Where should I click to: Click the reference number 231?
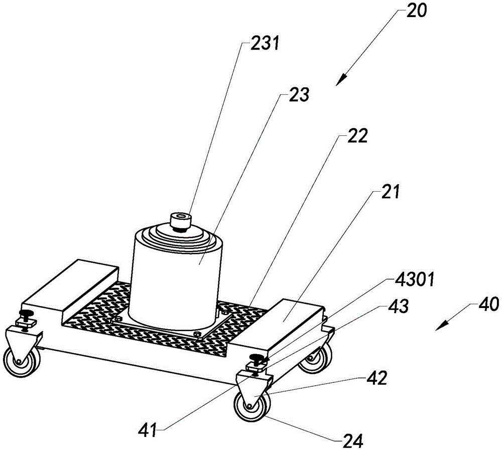click(x=265, y=44)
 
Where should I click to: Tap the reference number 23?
click(x=299, y=95)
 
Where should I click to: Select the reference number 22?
click(x=357, y=136)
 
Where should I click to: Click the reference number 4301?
click(x=415, y=280)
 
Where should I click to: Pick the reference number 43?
click(x=398, y=306)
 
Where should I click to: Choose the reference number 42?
click(x=377, y=378)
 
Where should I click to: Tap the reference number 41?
click(x=148, y=429)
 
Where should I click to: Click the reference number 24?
click(x=352, y=441)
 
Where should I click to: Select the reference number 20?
click(x=417, y=11)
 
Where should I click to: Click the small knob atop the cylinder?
click(x=181, y=221)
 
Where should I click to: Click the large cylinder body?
click(x=175, y=279)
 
